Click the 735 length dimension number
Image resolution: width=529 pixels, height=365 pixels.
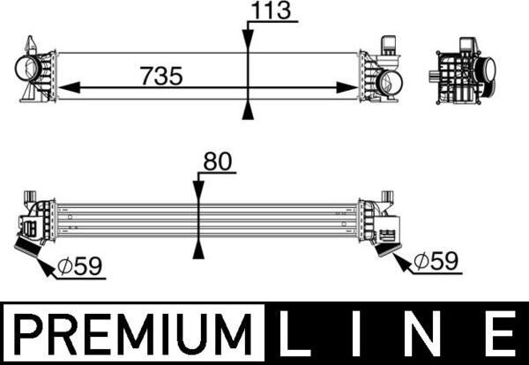[x=162, y=76]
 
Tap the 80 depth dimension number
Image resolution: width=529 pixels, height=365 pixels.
[x=218, y=161]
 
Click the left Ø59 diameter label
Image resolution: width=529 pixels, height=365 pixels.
[x=79, y=266]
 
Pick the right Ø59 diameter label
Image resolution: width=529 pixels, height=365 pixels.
[x=436, y=261]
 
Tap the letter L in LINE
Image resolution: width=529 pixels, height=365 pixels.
[x=294, y=334]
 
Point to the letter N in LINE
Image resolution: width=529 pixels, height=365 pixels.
[x=426, y=334]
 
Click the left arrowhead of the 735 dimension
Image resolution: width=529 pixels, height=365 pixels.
[x=69, y=87]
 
